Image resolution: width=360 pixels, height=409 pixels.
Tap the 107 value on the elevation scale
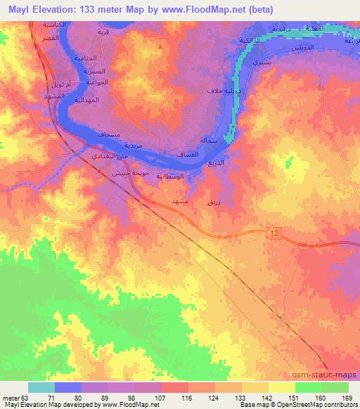coord(159,398)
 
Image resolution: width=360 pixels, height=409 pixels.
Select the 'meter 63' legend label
coord(14,398)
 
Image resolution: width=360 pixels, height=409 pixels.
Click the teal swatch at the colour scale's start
coord(40,387)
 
